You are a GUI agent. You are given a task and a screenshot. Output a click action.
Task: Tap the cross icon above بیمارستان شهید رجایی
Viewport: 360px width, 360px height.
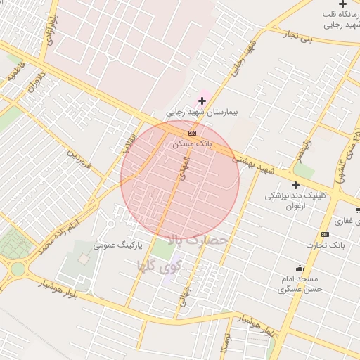click(x=202, y=101)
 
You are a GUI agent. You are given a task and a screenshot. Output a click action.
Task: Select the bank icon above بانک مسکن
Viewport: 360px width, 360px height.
click(x=191, y=132)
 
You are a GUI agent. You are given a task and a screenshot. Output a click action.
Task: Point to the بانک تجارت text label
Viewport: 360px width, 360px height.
click(x=326, y=245)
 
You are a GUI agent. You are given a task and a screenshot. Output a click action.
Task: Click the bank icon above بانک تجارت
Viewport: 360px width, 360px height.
click(x=325, y=234)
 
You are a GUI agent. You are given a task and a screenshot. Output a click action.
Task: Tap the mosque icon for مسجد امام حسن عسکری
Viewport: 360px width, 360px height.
click(x=300, y=268)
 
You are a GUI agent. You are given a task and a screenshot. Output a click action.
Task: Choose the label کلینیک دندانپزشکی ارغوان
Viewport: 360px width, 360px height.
click(x=288, y=200)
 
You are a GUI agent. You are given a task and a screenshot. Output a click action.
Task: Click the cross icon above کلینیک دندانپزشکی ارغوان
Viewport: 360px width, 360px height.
click(x=295, y=185)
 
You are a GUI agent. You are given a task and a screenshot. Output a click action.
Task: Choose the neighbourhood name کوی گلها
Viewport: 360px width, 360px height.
click(x=160, y=266)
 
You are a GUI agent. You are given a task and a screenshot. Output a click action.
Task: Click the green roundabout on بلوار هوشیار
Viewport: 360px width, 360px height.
click(x=17, y=269)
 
